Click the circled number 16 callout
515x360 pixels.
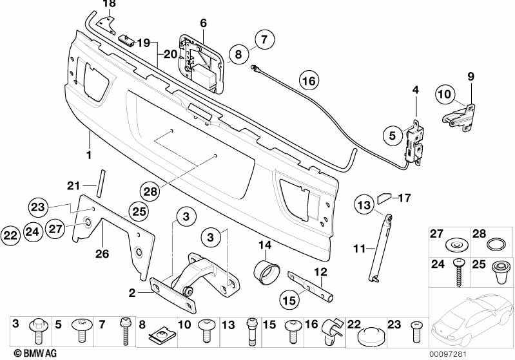coord(309,81)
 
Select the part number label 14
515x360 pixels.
coord(264,245)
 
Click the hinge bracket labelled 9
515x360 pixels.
coord(460,117)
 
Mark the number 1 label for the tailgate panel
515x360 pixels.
coord(89,155)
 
